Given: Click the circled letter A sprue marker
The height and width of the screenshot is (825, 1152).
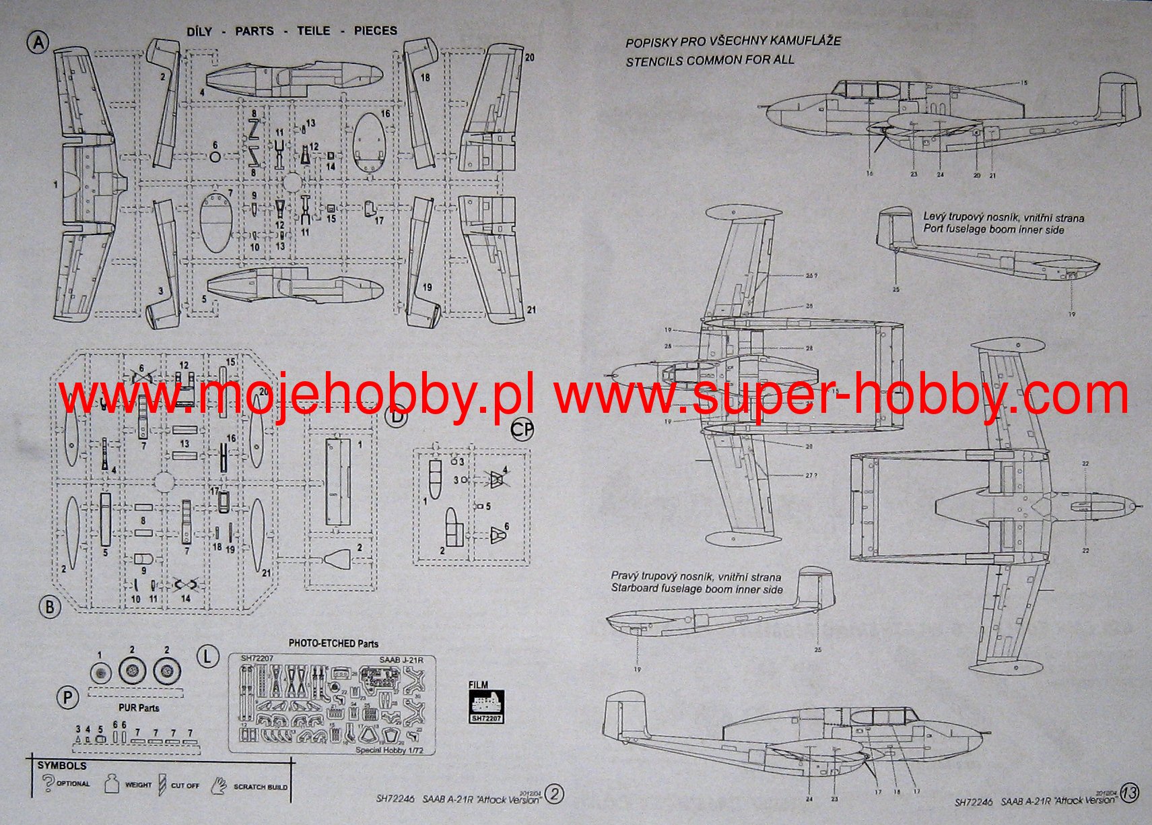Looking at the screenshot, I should [38, 42].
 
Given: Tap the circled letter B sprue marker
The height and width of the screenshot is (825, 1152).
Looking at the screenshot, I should [50, 607].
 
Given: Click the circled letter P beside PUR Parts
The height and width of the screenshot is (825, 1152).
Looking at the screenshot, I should [67, 698].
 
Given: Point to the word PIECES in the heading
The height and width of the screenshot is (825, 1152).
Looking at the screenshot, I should [375, 31].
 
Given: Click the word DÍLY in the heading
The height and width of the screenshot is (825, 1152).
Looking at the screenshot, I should [199, 31].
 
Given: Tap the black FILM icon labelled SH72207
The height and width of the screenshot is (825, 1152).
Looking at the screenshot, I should [486, 705].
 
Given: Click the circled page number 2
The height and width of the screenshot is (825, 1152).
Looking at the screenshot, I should [554, 795].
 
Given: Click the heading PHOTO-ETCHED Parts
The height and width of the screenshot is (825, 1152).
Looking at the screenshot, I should [333, 643].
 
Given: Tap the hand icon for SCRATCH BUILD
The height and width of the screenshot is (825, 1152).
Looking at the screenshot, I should [219, 785].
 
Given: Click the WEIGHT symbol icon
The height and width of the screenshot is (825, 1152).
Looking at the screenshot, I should [112, 784].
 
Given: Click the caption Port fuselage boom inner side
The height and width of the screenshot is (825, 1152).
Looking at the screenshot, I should [994, 230].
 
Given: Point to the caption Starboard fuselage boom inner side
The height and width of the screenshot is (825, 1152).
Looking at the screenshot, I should [697, 589].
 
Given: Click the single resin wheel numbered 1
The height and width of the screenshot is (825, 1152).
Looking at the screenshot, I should [100, 671].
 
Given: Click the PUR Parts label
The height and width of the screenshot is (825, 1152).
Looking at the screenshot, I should [139, 708].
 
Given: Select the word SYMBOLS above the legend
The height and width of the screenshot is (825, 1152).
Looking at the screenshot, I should [62, 766].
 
